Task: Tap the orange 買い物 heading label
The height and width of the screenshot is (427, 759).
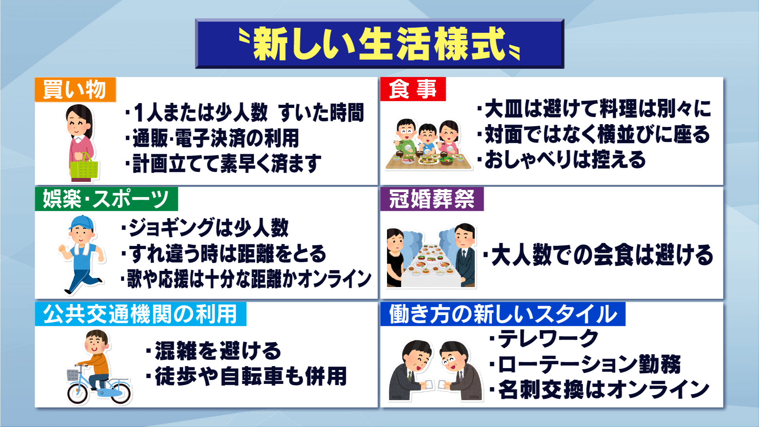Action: click(x=75, y=89)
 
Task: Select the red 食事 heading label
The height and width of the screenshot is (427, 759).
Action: click(x=413, y=89)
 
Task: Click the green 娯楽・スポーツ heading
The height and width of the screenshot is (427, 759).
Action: click(x=106, y=199)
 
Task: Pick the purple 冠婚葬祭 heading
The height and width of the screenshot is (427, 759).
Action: click(x=432, y=199)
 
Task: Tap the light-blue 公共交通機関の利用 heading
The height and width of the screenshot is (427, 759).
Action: click(x=140, y=314)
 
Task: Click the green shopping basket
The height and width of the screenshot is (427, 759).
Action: click(x=84, y=166)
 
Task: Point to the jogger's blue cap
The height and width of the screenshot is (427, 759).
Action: click(x=82, y=223)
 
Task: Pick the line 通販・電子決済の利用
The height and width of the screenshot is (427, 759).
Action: click(x=212, y=138)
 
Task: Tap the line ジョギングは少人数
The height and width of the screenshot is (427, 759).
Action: click(x=205, y=228)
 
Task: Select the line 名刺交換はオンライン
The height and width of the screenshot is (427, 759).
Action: click(x=600, y=390)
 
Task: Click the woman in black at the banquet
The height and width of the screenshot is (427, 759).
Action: click(x=395, y=257)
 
